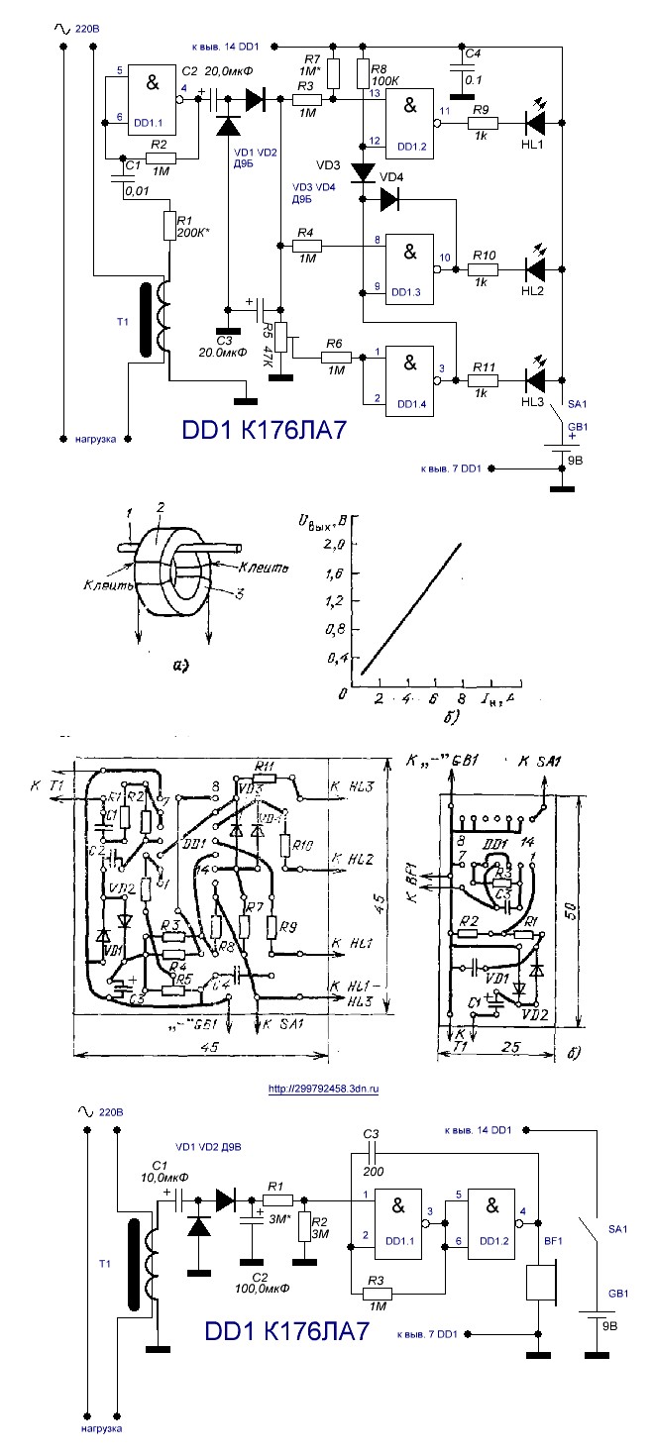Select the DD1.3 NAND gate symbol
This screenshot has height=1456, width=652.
(x=409, y=262)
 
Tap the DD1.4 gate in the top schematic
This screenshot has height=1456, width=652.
(x=409, y=372)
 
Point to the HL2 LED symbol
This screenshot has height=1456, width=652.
(x=535, y=268)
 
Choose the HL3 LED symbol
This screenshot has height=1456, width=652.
(x=535, y=378)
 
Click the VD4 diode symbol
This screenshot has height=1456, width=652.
(x=389, y=199)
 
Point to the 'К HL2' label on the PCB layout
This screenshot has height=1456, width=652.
(x=353, y=856)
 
